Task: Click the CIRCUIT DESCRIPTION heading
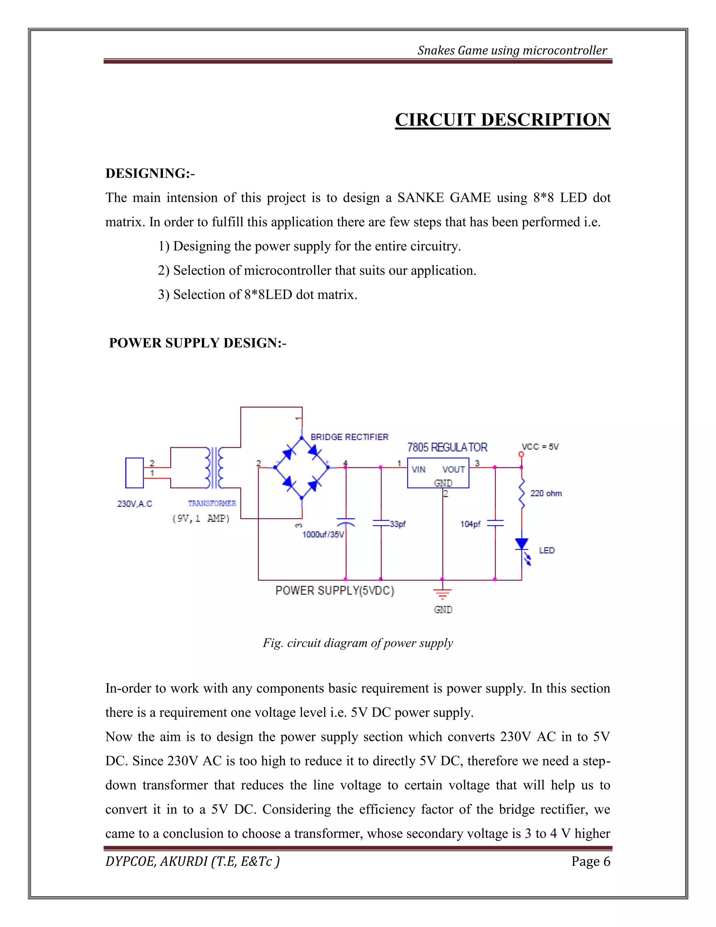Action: pos(502,120)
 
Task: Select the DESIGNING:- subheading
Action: pos(150,173)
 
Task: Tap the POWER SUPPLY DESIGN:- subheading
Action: pos(197,343)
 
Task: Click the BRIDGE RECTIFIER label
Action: pos(349,437)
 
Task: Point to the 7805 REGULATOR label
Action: pos(447,447)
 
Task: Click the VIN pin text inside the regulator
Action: pos(418,469)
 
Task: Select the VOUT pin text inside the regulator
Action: pos(453,469)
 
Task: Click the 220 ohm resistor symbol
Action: pos(522,493)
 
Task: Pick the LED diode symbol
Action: pos(522,545)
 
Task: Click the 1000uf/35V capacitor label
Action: pos(323,535)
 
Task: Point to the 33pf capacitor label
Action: pos(398,524)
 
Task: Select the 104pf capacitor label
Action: pos(471,524)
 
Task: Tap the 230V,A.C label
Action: pos(135,504)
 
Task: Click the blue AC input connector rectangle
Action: pos(135,473)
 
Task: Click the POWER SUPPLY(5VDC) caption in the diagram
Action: pos(335,591)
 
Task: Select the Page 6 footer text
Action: pos(590,861)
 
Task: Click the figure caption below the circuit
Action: pos(358,643)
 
